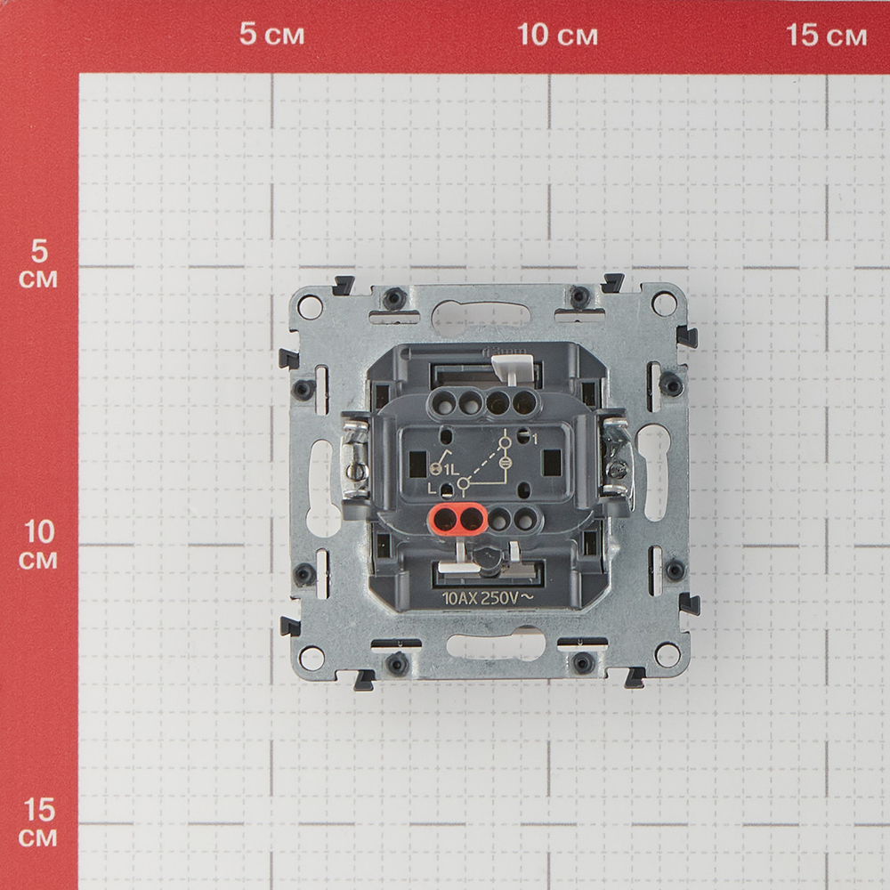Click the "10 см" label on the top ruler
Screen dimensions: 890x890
pos(557,35)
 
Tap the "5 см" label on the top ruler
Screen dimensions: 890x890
pos(271,34)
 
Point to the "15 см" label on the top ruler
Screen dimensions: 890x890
pos(827,36)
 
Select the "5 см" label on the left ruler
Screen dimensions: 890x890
pos(38,264)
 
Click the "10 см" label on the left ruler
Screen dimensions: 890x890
pos(38,546)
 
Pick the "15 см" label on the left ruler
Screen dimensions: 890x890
pos(38,822)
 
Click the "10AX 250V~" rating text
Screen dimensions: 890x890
pos(488,598)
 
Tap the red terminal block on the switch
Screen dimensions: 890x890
pos(457,519)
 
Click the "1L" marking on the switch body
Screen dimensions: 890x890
pos(452,469)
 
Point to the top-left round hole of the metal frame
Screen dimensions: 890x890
pos(310,306)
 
